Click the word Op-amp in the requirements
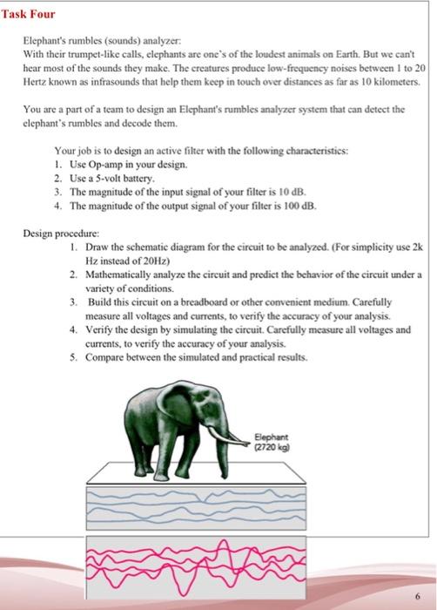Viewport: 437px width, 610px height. (103, 163)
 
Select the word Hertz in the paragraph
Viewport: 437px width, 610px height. (37, 80)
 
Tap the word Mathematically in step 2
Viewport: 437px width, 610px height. (119, 274)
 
